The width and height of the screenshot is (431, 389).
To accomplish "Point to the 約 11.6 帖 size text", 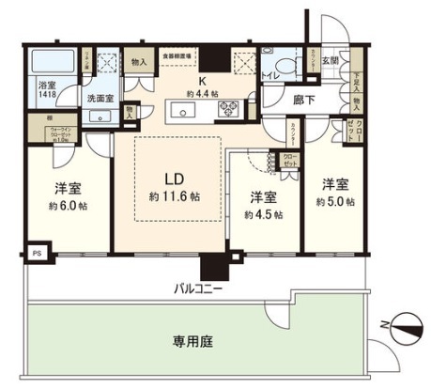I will [x=174, y=196].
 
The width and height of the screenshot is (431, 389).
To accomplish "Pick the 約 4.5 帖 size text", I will [x=263, y=214].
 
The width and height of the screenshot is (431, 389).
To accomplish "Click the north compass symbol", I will [x=407, y=327].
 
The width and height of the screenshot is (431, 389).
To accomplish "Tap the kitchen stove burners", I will [x=230, y=110].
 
